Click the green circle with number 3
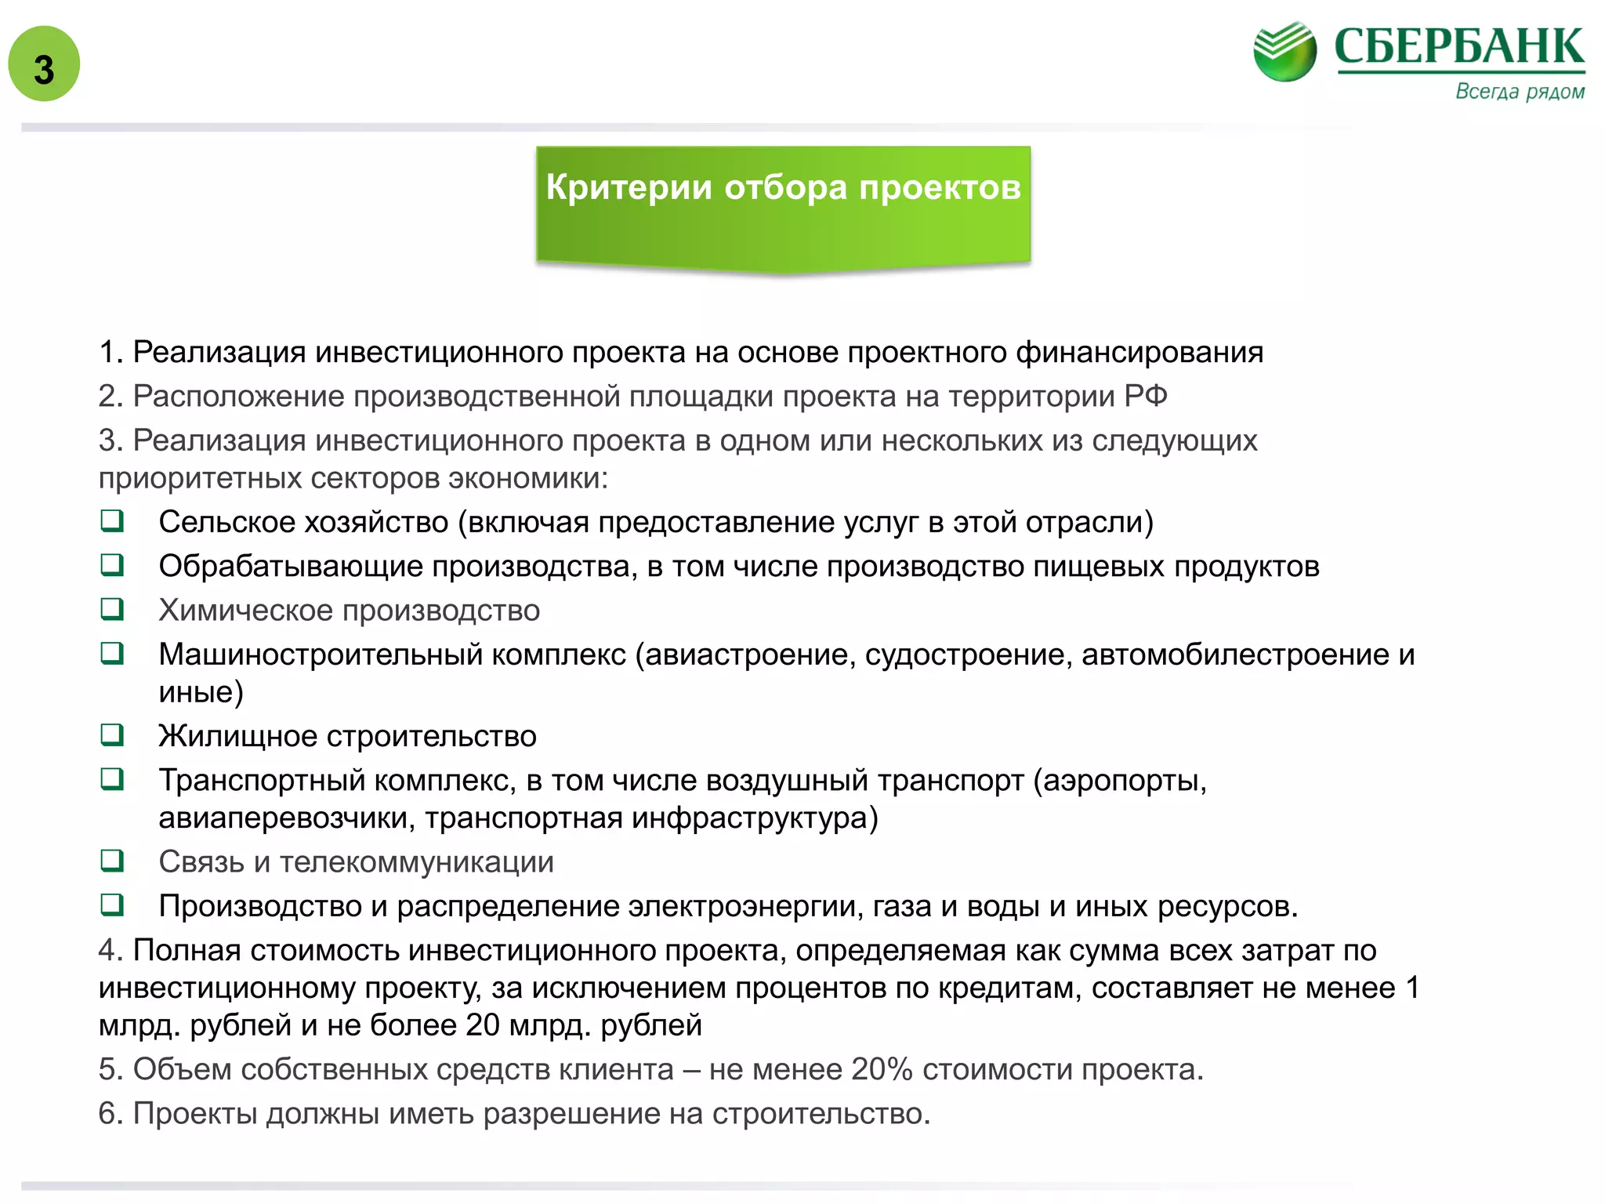coord(44,64)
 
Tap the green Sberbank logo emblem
coord(1284,52)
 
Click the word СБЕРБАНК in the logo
coord(1459,47)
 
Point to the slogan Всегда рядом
coord(1520,92)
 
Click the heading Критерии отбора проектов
coord(783,188)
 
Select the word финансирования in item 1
coord(1139,353)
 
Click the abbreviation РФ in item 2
coord(1145,397)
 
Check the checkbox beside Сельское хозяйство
coord(112,521)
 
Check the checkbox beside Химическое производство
coord(112,609)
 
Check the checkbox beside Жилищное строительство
coord(112,734)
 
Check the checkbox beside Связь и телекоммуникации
coord(112,861)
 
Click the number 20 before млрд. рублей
coord(482,1025)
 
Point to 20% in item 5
coord(882,1069)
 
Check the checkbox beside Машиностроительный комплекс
coord(112,653)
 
